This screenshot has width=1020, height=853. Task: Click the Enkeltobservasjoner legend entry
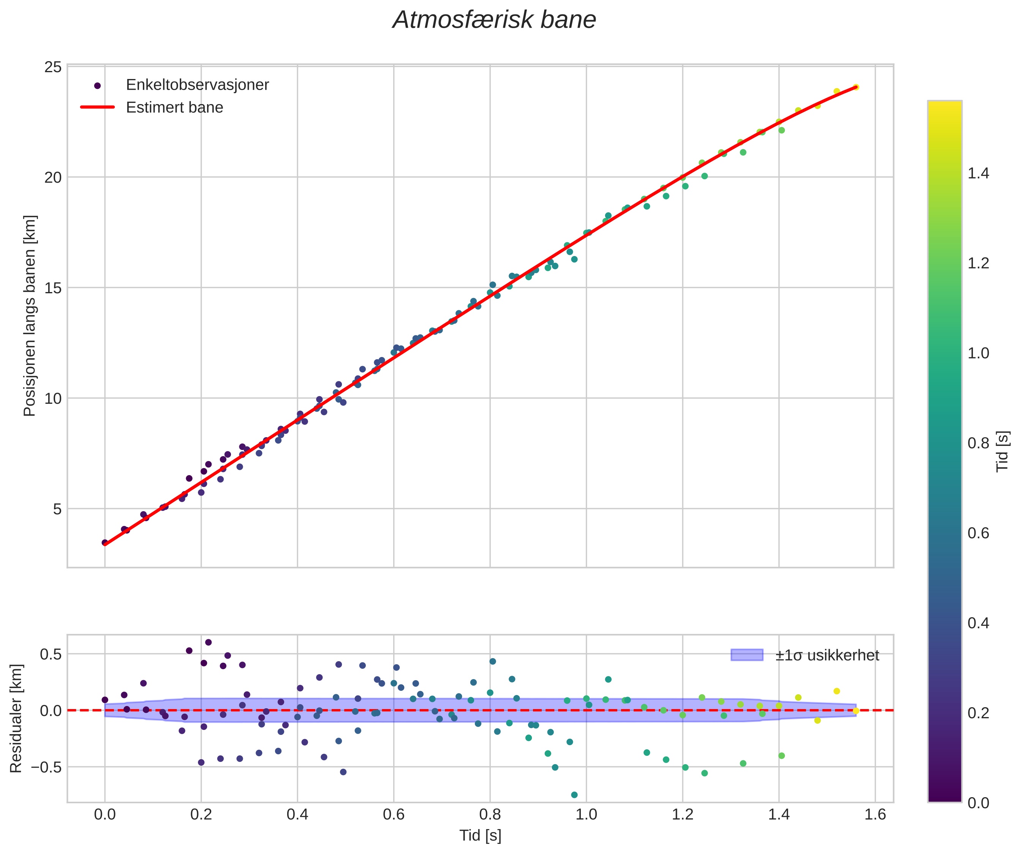click(197, 85)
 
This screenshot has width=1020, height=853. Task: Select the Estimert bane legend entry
click(174, 107)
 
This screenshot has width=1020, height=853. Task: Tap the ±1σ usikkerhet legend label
click(827, 656)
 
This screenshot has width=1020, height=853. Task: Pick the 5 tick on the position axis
click(57, 509)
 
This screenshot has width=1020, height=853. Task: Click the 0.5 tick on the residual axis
click(51, 654)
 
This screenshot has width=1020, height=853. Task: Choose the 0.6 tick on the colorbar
click(978, 533)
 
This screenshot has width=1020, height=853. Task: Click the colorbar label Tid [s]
click(1003, 452)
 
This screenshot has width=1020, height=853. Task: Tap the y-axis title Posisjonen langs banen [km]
click(30, 316)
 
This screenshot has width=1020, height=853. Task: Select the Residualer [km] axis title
click(16, 719)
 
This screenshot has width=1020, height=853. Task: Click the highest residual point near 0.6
click(209, 642)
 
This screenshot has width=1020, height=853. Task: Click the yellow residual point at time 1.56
click(856, 711)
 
